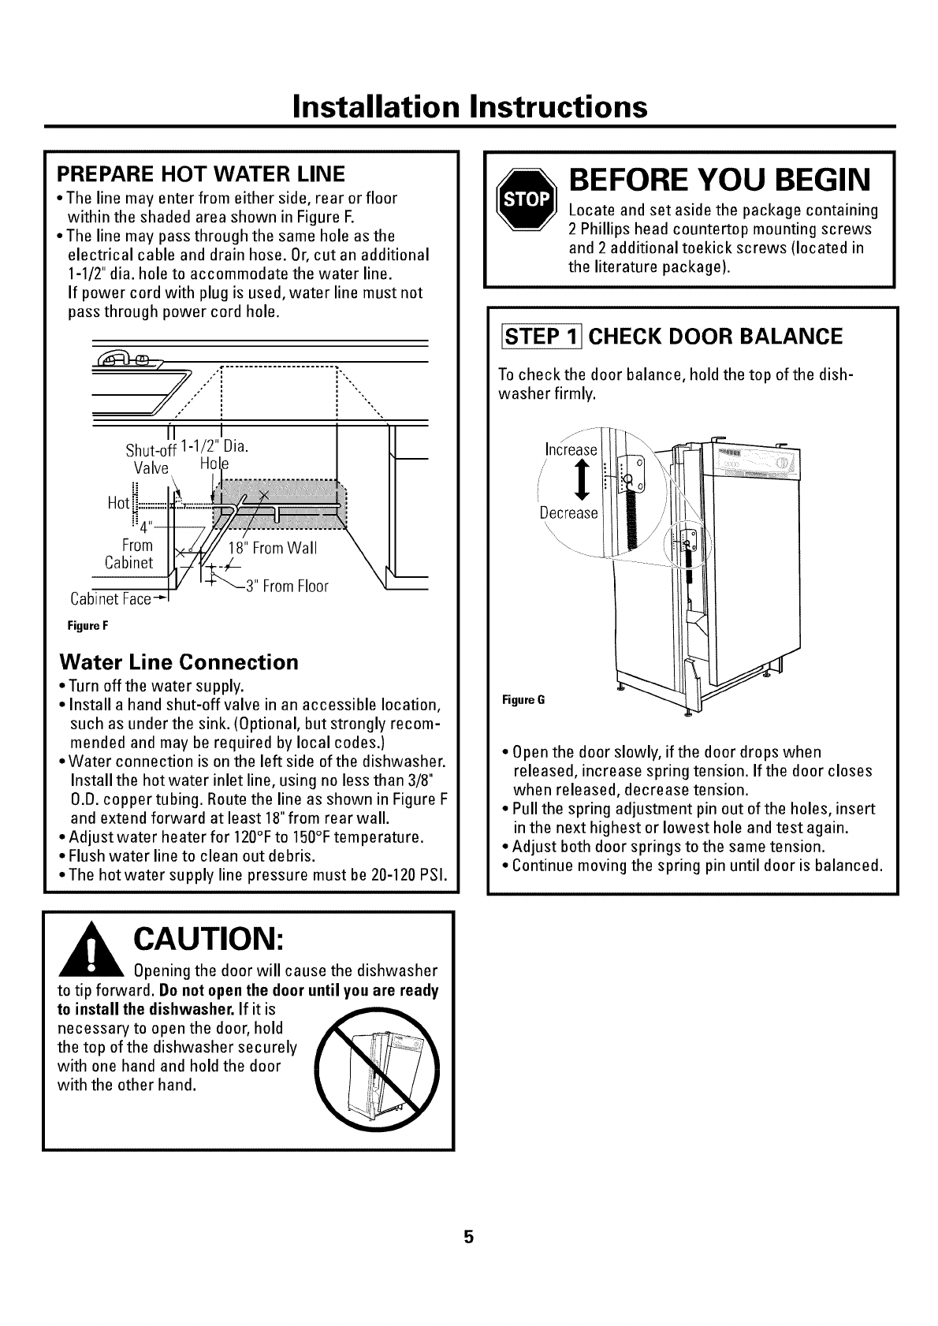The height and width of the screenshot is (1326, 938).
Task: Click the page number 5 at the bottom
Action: click(468, 1236)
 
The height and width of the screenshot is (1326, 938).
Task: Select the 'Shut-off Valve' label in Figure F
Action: click(151, 459)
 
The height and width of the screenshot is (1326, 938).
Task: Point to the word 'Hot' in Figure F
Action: click(118, 502)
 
